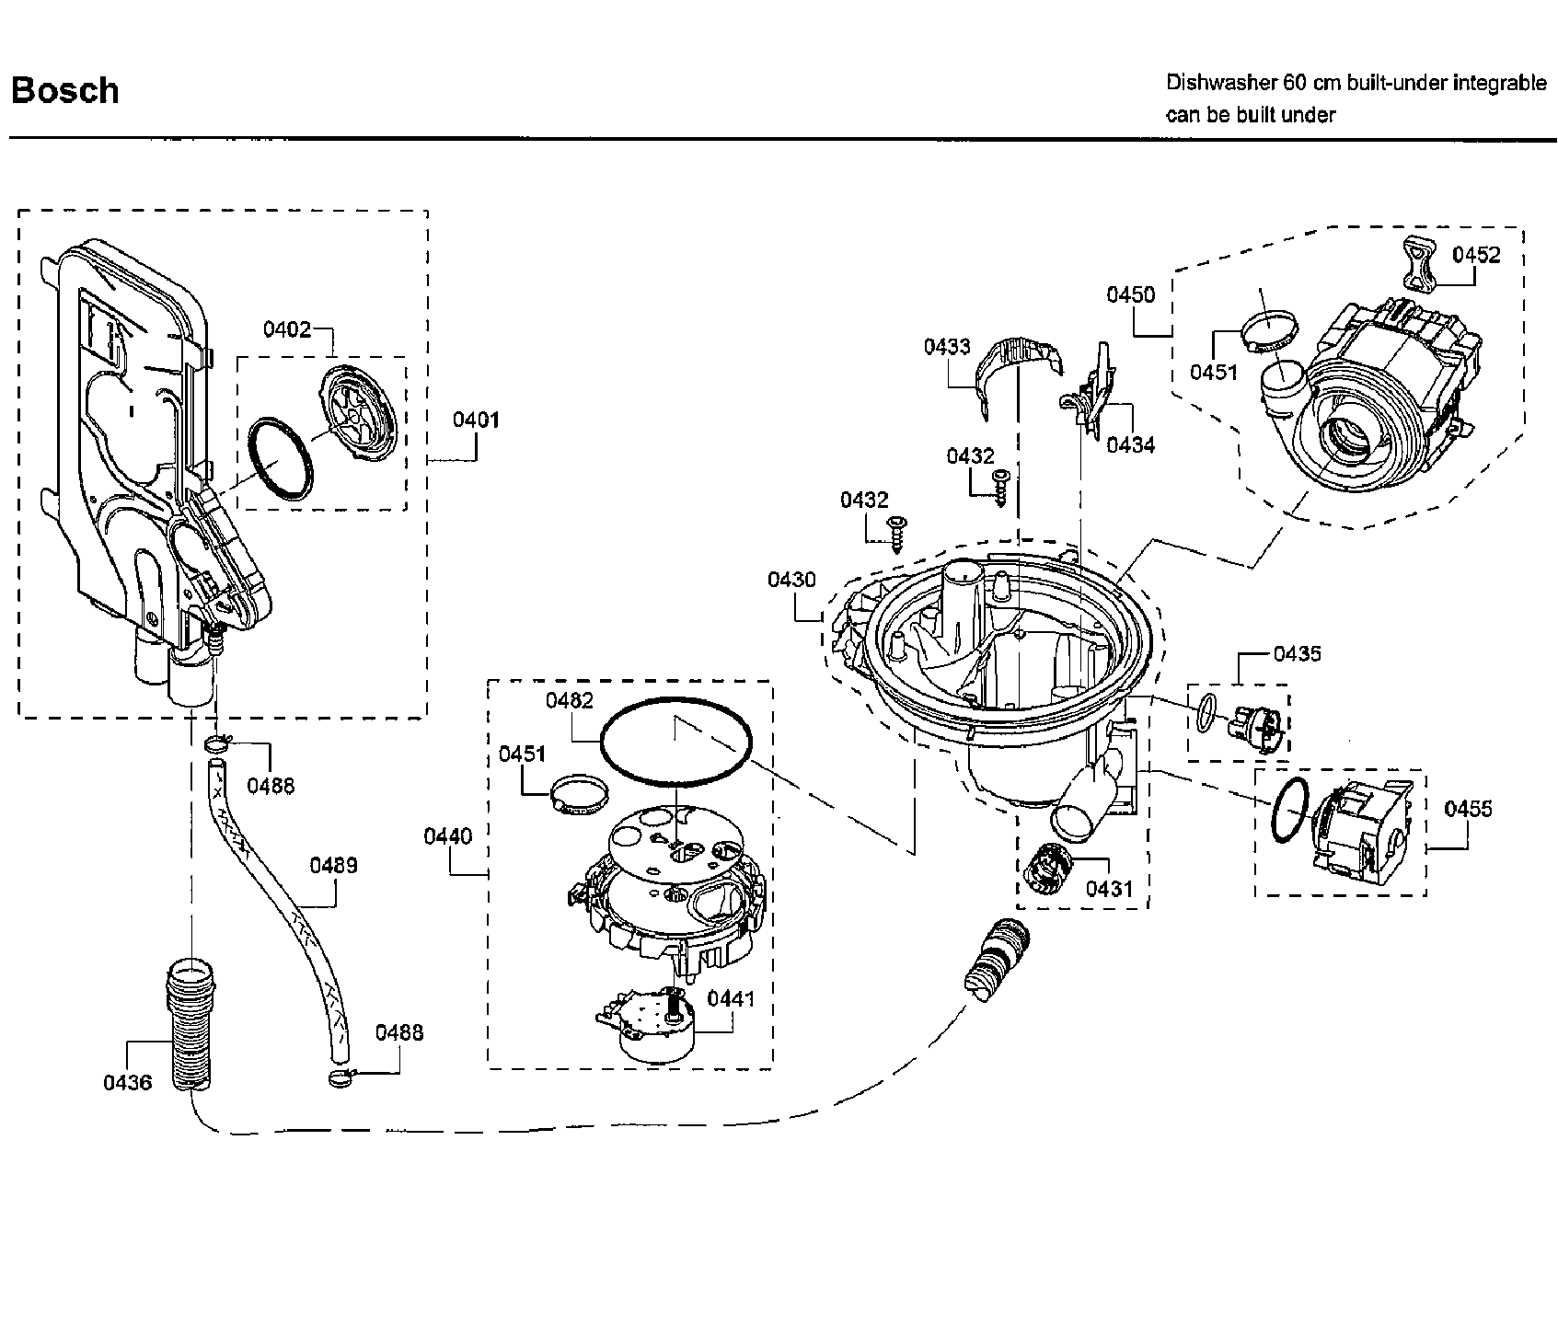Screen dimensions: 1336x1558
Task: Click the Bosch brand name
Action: [64, 90]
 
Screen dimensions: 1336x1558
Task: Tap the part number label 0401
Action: [476, 420]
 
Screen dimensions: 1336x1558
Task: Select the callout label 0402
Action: [287, 328]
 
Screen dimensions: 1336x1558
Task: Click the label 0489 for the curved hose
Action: [333, 865]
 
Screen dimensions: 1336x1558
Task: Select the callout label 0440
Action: [447, 835]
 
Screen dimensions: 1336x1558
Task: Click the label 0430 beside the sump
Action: [791, 580]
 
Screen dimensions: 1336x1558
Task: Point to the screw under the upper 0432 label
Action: [1000, 484]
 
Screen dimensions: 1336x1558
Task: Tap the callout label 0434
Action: [1130, 445]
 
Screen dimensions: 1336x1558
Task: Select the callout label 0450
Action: [1130, 294]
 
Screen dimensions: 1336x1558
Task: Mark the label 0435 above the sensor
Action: [1297, 653]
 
